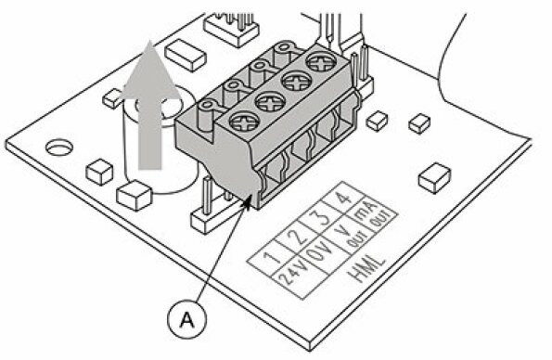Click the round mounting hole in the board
tap(58, 147)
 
